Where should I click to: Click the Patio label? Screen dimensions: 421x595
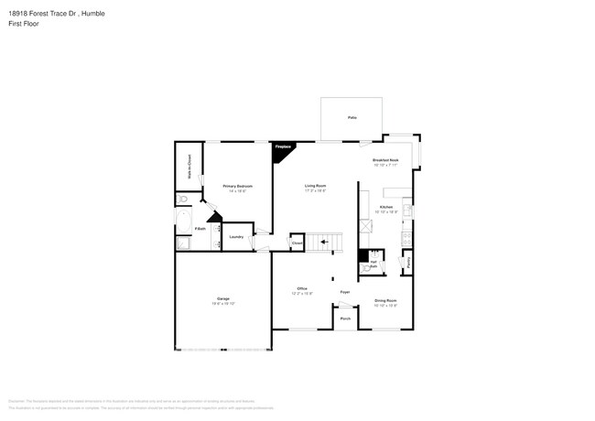point(352,119)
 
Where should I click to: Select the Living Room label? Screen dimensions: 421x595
point(316,186)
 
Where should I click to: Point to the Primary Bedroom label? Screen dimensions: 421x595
point(237,186)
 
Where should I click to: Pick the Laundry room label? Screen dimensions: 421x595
point(235,237)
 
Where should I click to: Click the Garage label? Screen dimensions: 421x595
point(222,299)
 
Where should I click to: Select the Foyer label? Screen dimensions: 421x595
point(345,292)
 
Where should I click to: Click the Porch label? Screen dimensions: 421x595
point(345,318)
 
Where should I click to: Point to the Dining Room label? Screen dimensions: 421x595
point(385,300)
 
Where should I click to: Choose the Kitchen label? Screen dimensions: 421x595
point(386,208)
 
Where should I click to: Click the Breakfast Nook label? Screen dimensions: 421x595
point(385,160)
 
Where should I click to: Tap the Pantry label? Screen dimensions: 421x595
point(409,263)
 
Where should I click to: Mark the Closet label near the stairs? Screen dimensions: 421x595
point(297,243)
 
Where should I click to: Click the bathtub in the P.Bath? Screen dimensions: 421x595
point(183,222)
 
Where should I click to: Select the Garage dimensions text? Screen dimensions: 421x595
point(222,304)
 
